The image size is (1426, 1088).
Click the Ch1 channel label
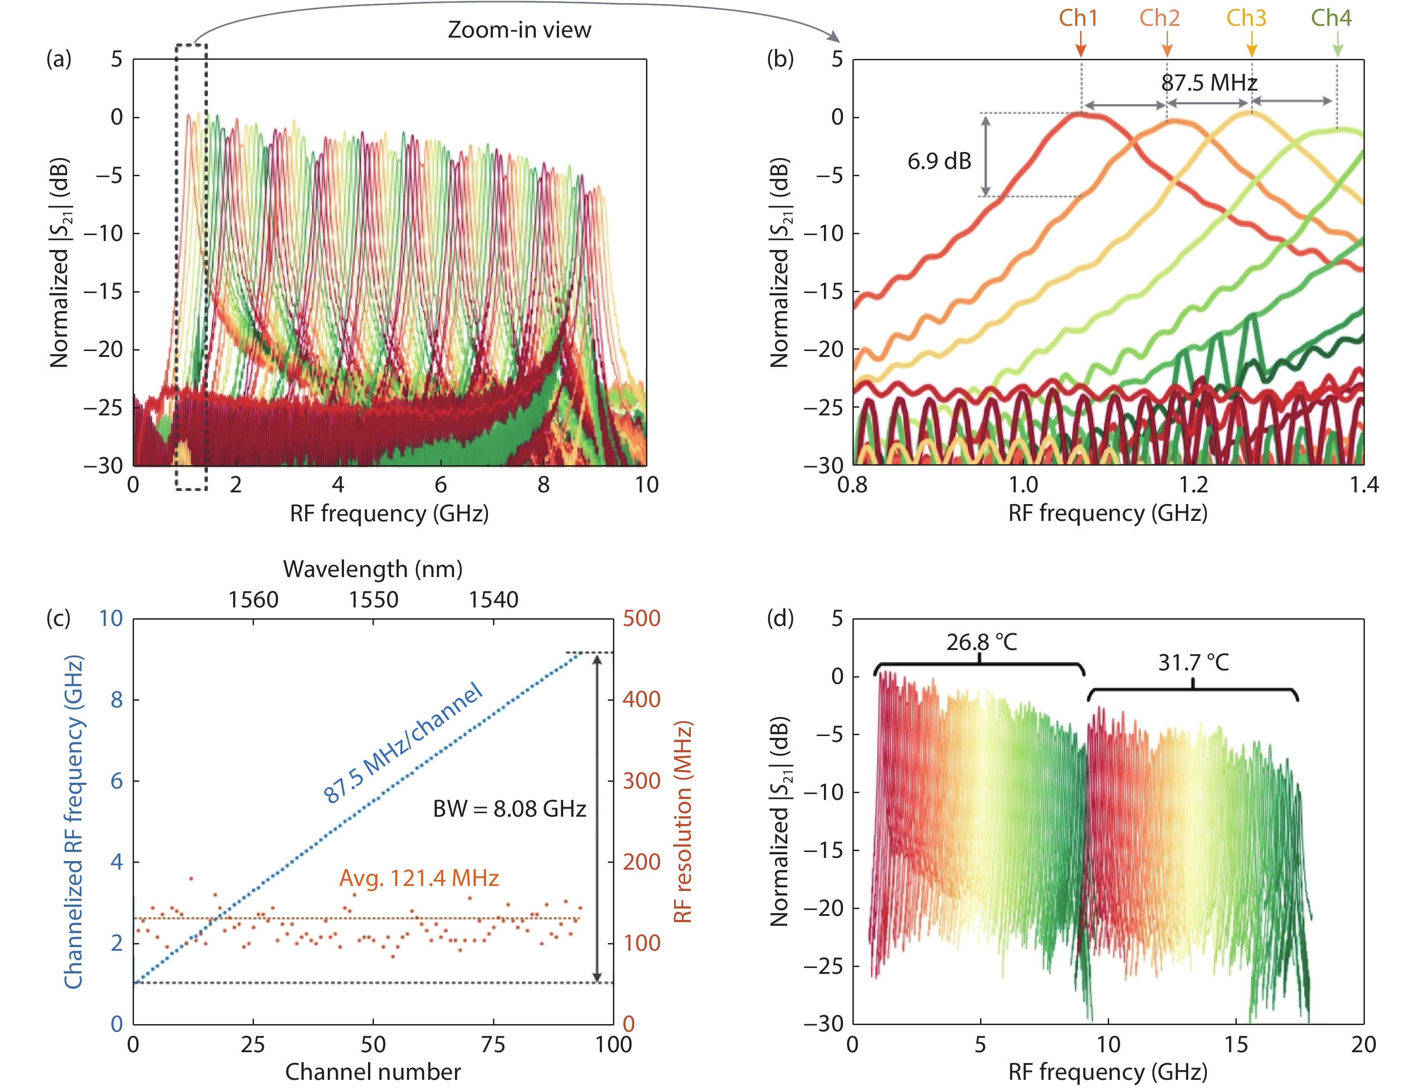click(1078, 18)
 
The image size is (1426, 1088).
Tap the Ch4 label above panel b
click(1331, 18)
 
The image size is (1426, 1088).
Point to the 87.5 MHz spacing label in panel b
click(1209, 83)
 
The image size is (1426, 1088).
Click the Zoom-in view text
click(519, 30)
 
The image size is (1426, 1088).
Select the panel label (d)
click(780, 618)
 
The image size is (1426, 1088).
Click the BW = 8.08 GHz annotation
click(509, 809)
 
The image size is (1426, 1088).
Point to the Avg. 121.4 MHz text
click(419, 878)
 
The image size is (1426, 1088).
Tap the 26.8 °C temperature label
click(981, 642)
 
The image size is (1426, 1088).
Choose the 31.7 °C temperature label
click(1193, 663)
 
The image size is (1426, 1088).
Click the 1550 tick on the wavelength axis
click(373, 600)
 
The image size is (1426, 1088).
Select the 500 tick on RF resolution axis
click(641, 618)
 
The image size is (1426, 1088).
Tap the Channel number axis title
click(373, 1072)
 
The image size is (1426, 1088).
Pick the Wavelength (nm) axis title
click(373, 569)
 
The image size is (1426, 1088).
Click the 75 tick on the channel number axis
click(493, 1044)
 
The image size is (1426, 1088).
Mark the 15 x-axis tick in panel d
click(1236, 1044)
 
